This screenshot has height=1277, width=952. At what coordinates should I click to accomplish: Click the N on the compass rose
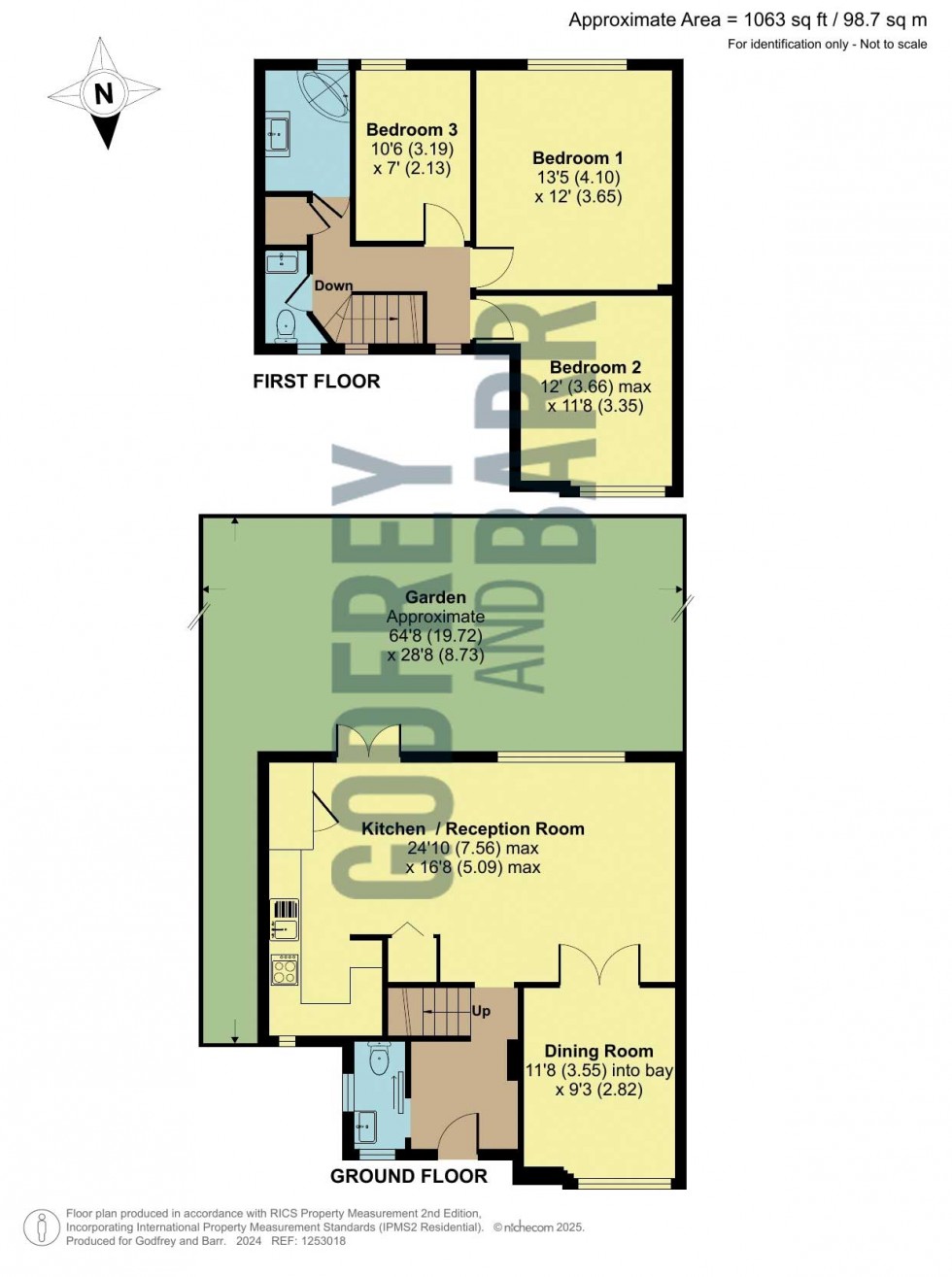104,93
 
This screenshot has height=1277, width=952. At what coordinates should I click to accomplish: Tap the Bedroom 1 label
578,158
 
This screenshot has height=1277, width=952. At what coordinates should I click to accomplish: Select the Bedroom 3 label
412,130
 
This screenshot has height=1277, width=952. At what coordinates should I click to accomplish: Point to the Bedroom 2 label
595,368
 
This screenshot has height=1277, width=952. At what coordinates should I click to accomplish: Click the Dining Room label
598,1051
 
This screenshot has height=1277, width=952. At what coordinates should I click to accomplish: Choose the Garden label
435,597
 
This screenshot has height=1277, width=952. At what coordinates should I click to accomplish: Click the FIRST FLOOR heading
317,382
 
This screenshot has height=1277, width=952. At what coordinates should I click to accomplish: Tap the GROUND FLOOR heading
409,1176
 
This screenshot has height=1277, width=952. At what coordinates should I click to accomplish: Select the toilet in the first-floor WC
286,324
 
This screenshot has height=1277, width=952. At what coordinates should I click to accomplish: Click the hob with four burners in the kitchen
285,970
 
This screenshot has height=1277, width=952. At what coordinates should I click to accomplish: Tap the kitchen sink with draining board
285,919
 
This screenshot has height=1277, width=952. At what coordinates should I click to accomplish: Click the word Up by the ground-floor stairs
481,1011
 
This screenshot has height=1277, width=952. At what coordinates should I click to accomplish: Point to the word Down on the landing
333,286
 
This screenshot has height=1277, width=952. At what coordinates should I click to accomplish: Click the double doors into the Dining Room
599,964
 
